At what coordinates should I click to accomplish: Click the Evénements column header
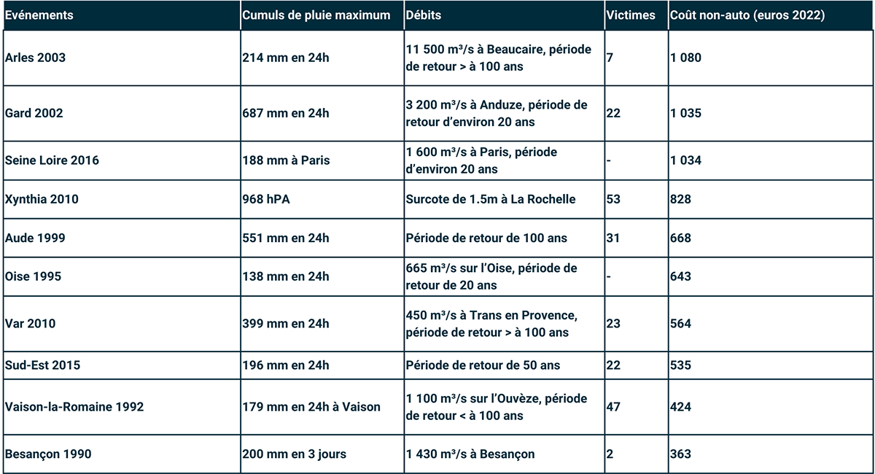[39, 15]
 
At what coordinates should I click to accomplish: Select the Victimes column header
[631, 15]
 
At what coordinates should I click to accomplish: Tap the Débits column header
[424, 15]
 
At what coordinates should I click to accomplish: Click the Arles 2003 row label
[35, 58]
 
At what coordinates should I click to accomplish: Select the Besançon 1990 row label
[48, 454]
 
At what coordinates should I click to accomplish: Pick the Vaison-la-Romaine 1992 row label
[74, 407]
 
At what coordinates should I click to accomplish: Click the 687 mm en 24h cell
[286, 113]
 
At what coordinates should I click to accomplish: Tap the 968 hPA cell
[266, 200]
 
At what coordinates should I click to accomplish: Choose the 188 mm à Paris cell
[286, 160]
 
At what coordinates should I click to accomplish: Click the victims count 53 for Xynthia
[613, 200]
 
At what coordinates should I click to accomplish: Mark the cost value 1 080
[686, 58]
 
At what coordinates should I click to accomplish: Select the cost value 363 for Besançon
[681, 454]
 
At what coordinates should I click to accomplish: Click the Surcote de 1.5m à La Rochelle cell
[491, 200]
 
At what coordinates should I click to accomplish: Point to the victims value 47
[613, 407]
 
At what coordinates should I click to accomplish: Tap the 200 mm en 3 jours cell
[295, 454]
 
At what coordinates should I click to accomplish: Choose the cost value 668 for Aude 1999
[681, 238]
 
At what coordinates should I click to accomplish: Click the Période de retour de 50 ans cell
[483, 365]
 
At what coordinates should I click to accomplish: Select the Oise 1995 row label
[33, 276]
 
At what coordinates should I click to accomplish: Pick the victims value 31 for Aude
[613, 238]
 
